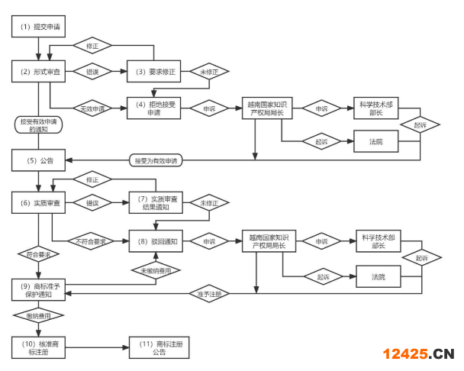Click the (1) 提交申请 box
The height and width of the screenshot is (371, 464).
pos(37,27)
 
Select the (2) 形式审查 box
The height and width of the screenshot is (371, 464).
pos(37,72)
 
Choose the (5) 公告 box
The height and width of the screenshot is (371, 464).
pos(37,160)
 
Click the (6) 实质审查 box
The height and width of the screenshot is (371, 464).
pos(37,204)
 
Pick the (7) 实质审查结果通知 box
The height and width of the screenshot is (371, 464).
pos(155,204)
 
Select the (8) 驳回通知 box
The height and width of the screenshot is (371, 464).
pos(155,241)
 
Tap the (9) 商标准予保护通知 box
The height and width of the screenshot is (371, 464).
pos(37,290)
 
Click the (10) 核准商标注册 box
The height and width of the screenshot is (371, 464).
pos(37,347)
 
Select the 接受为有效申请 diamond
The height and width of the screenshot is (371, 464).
pos(155,160)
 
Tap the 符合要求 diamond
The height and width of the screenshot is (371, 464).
pos(37,252)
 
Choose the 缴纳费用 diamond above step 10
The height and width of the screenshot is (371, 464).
pos(37,314)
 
